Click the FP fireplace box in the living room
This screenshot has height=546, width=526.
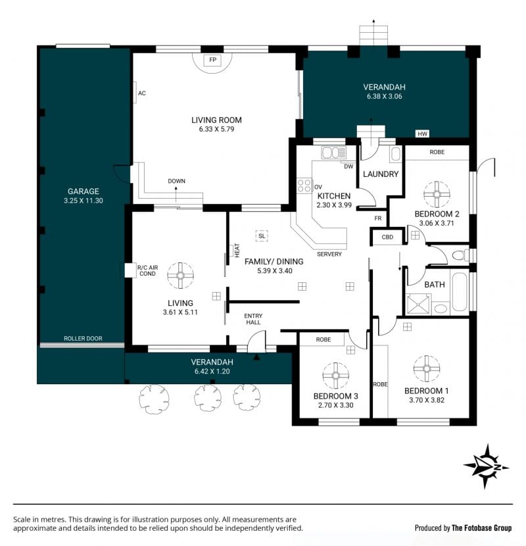212,60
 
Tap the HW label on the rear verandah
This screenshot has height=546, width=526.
422,134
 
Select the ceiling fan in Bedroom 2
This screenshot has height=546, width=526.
437,194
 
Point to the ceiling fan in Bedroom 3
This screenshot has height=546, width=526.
335,376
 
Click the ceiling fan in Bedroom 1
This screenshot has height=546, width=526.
427,369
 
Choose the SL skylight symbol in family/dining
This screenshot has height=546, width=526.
262,236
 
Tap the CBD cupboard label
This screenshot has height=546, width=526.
387,237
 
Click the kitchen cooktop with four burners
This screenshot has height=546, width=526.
304,186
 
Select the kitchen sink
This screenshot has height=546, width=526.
334,153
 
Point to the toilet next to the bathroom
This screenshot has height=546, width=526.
461,255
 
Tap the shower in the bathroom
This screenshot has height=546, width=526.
419,304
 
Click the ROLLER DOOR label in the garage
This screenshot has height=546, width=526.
83,339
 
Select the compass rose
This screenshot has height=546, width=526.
486,466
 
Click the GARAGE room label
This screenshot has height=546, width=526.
84,191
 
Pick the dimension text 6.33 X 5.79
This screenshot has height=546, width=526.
216,129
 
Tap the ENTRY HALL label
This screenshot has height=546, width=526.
253,319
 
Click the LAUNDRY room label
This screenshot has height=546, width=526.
381,174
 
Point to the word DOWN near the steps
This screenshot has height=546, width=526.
176,181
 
